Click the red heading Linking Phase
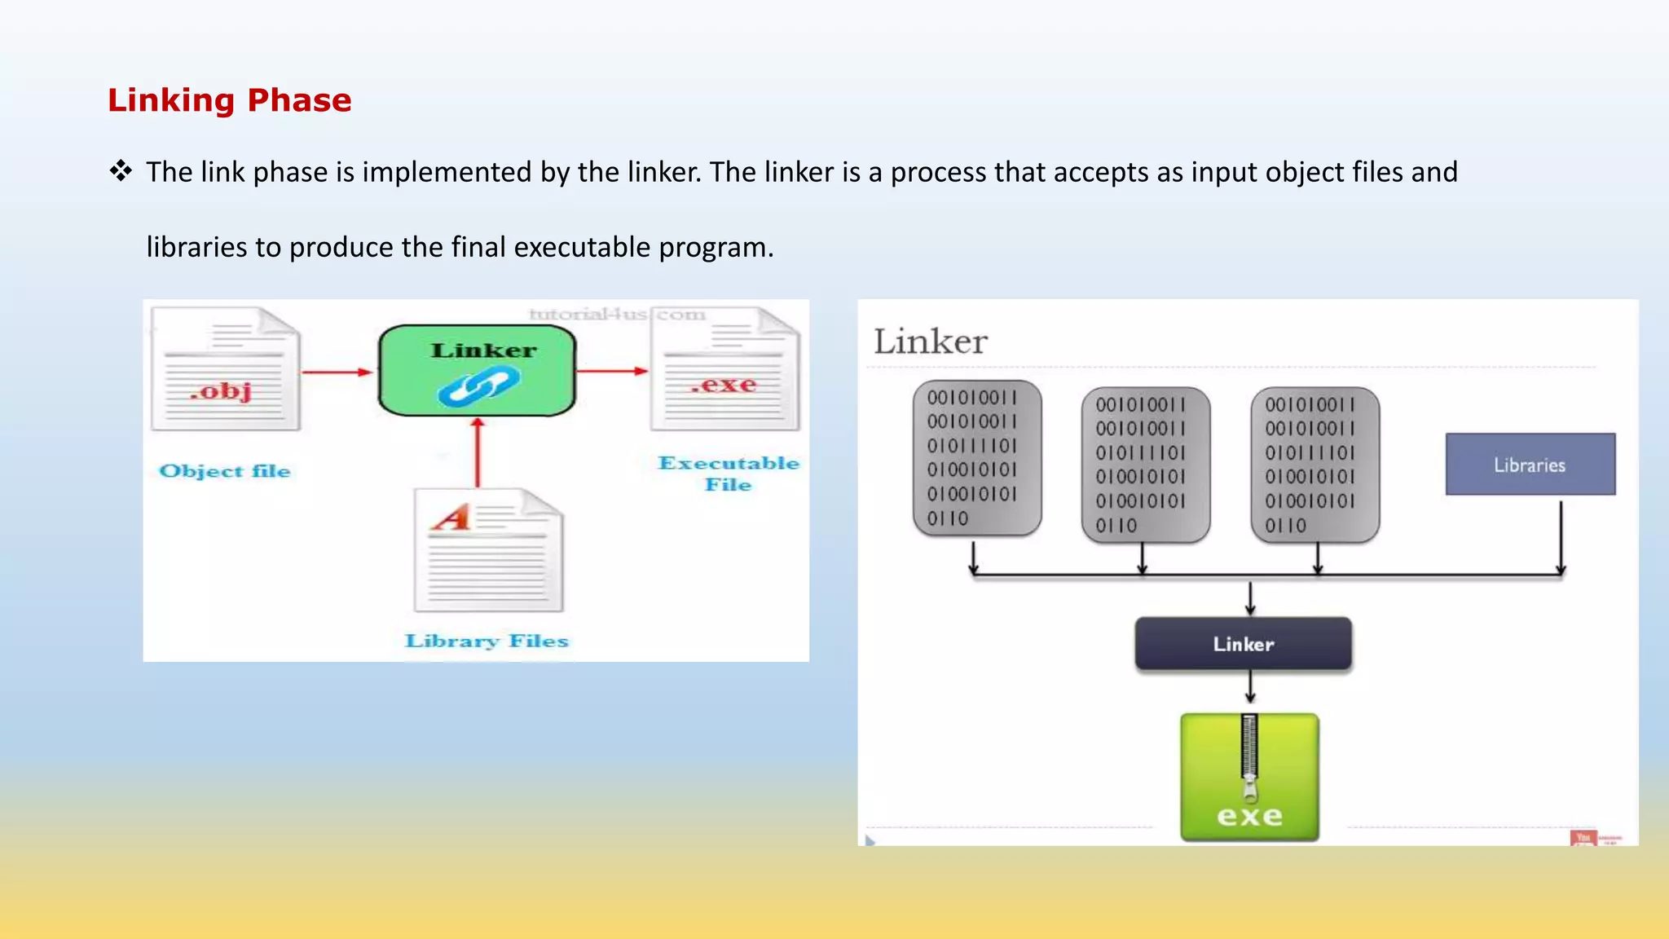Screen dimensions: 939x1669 pyautogui.click(x=229, y=100)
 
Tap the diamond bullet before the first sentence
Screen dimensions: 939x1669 pyautogui.click(x=121, y=171)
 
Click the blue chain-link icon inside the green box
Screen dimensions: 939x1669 pyautogui.click(x=478, y=386)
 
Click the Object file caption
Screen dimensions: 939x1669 pyautogui.click(x=225, y=471)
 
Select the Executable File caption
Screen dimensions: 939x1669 pyautogui.click(x=728, y=474)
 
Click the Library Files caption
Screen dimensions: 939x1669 pyautogui.click(x=487, y=641)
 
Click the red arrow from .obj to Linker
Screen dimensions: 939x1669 pyautogui.click(x=337, y=373)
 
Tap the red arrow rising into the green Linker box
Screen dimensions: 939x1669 pyautogui.click(x=478, y=453)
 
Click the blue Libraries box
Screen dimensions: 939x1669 pyautogui.click(x=1530, y=465)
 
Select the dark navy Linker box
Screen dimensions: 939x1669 pyautogui.click(x=1243, y=644)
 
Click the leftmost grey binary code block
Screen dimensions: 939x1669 pyautogui.click(x=976, y=458)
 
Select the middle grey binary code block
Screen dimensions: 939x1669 pyautogui.click(x=1145, y=465)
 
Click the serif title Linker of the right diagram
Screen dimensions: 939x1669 pyautogui.click(x=930, y=342)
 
